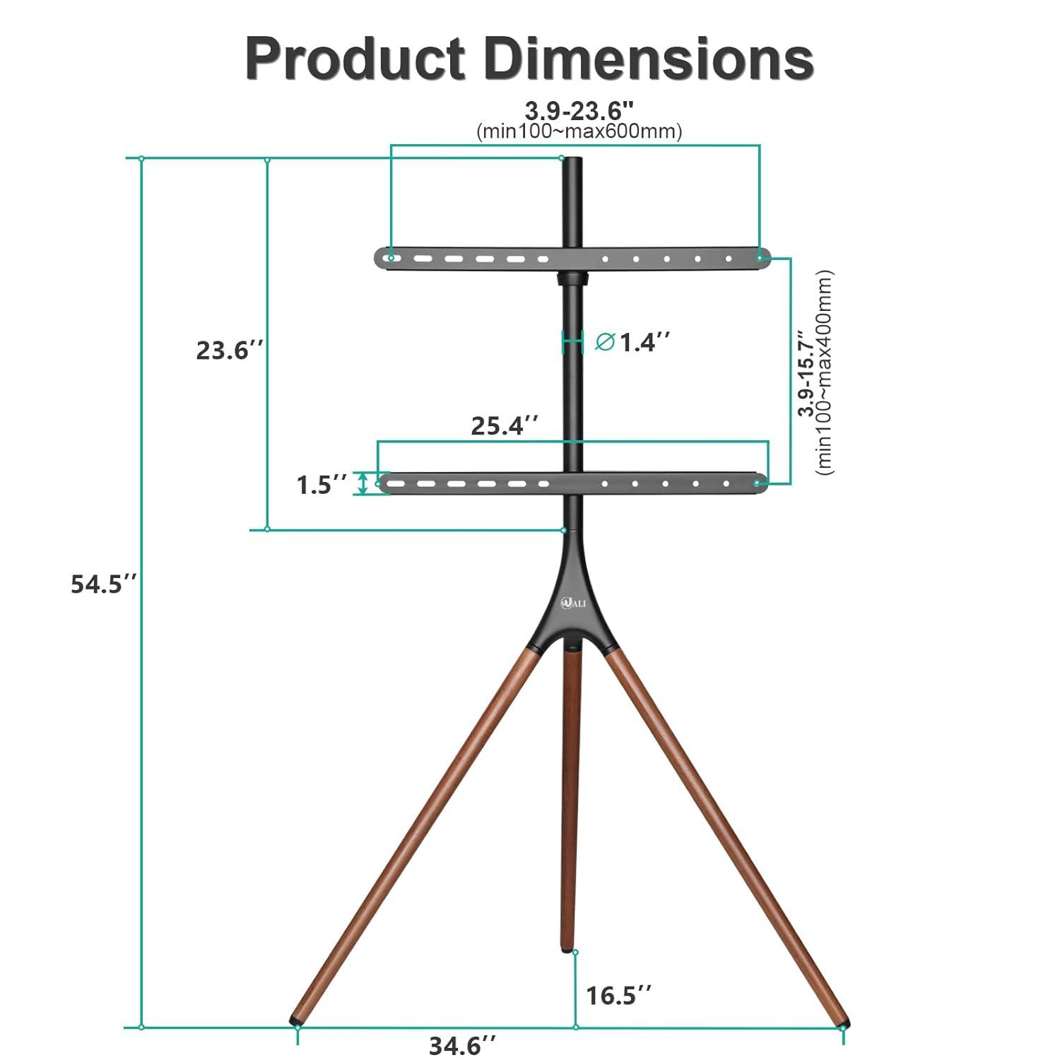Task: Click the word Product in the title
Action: click(x=355, y=59)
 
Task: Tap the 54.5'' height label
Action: click(x=103, y=584)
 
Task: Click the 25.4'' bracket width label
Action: click(x=505, y=425)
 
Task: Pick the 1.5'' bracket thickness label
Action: click(x=322, y=485)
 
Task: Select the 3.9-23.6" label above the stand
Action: click(x=579, y=110)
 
